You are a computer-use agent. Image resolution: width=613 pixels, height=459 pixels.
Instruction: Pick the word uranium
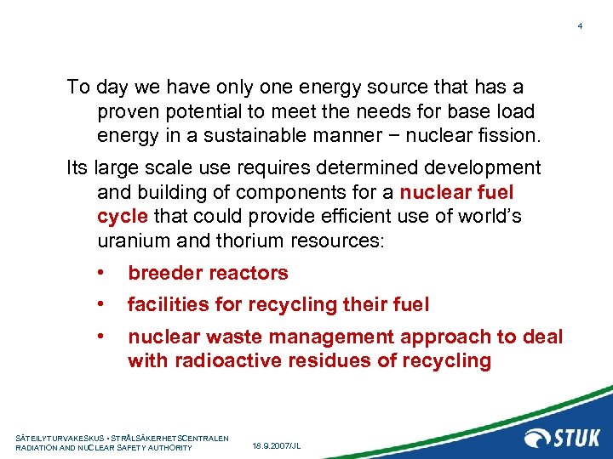(132, 241)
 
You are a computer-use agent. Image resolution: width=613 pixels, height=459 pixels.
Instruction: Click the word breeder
(165, 273)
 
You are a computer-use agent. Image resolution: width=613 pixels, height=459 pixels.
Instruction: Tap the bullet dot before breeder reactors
(100, 273)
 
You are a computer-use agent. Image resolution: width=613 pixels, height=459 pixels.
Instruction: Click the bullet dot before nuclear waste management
(100, 337)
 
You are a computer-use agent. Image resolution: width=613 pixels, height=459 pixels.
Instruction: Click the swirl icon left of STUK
(537, 438)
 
